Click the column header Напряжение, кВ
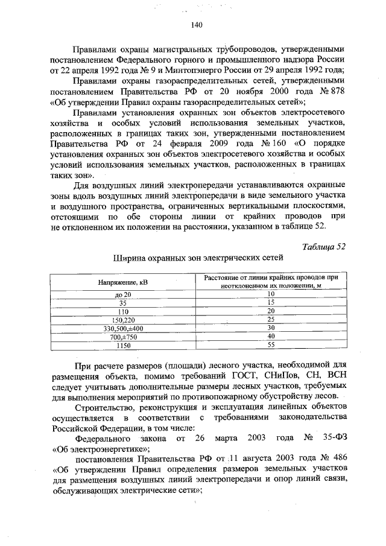(124, 282)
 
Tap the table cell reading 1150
(124, 346)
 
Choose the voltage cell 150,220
(124, 319)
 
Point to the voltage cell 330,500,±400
(124, 328)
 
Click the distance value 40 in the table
(271, 335)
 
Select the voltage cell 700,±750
(124, 337)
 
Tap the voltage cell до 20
(124, 293)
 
